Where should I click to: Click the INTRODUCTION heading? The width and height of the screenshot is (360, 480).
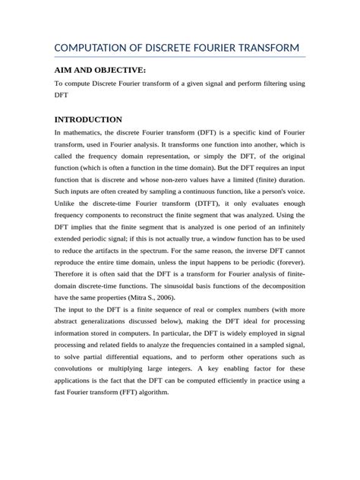point(88,119)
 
